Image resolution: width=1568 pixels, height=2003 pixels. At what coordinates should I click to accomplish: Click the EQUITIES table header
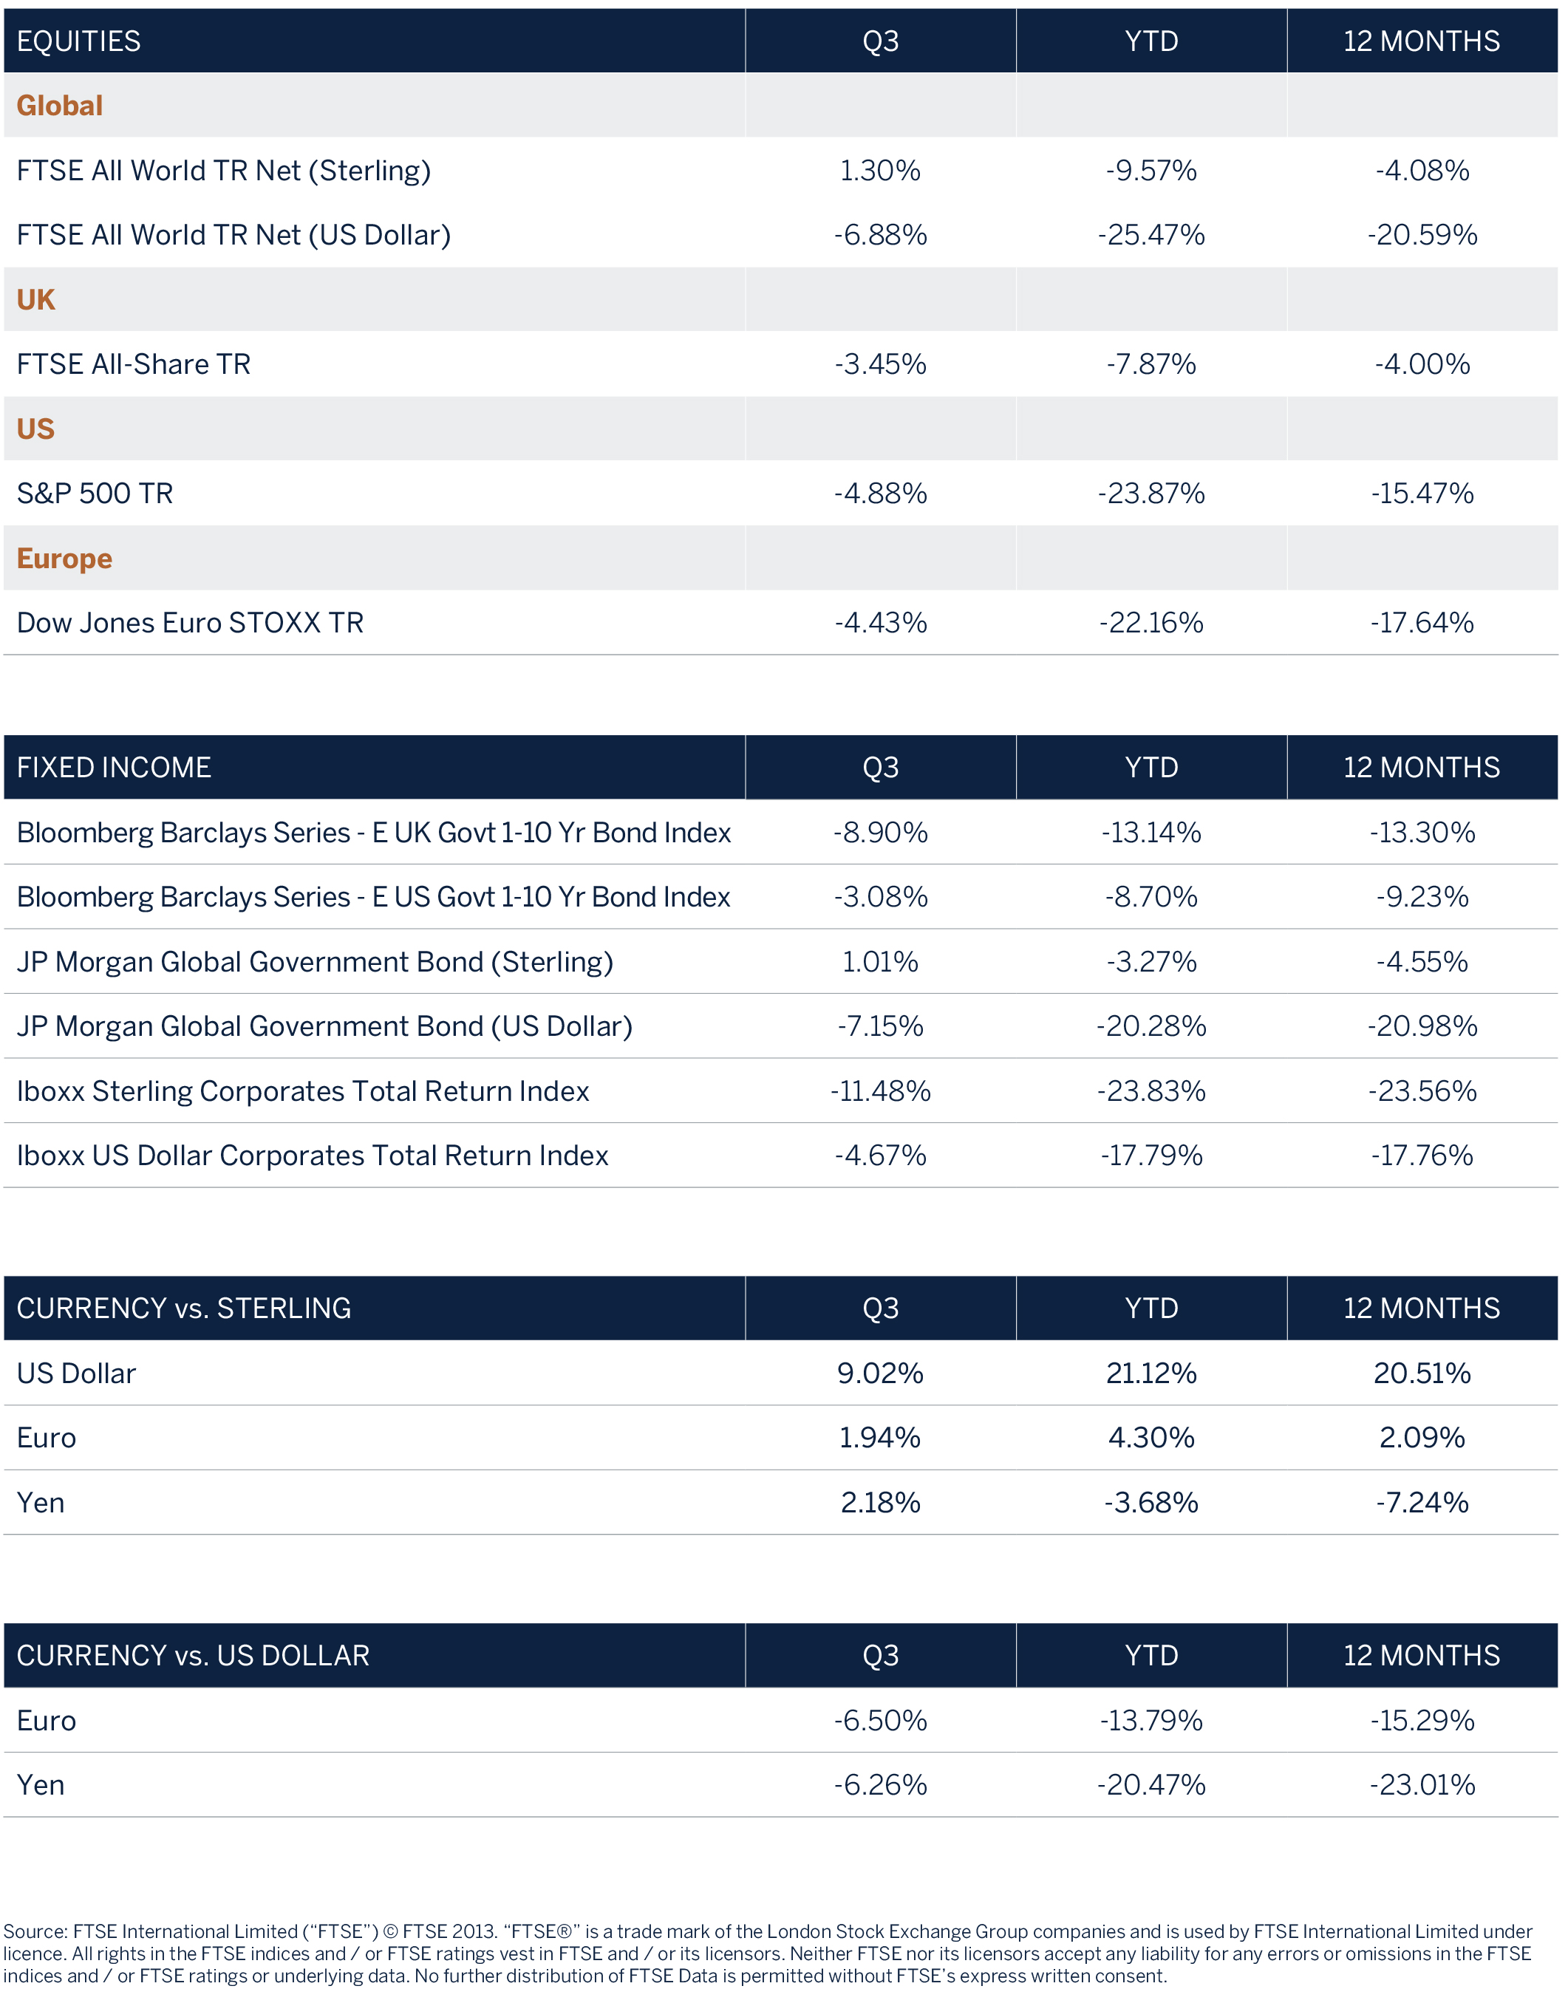pyautogui.click(x=79, y=41)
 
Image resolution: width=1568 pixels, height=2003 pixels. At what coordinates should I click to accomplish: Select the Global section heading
pyautogui.click(x=60, y=106)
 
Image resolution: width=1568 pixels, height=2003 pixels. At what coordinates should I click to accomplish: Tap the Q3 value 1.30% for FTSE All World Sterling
pyautogui.click(x=879, y=171)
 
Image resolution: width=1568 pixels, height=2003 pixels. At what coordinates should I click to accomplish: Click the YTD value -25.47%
pyautogui.click(x=1151, y=235)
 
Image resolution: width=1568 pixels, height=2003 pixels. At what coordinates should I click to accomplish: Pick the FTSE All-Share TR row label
pyautogui.click(x=133, y=364)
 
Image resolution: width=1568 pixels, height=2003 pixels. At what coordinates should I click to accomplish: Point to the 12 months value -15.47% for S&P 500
pyautogui.click(x=1421, y=494)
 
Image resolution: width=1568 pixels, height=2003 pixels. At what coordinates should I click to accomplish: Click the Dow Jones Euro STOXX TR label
pyautogui.click(x=190, y=624)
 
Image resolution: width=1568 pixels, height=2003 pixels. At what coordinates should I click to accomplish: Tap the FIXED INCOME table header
pyautogui.click(x=114, y=768)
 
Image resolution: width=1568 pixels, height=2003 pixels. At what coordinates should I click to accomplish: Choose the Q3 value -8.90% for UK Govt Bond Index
pyautogui.click(x=879, y=833)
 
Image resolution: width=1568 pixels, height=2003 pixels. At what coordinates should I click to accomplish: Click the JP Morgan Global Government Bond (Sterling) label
pyautogui.click(x=315, y=962)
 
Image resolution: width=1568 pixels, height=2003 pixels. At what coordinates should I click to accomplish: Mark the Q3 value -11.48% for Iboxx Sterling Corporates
pyautogui.click(x=879, y=1091)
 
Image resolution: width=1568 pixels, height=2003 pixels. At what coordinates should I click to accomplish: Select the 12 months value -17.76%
pyautogui.click(x=1421, y=1156)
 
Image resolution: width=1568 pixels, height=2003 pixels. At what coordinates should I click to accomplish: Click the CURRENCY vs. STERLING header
pyautogui.click(x=183, y=1308)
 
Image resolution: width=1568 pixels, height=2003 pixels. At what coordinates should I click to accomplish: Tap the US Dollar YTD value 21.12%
pyautogui.click(x=1151, y=1374)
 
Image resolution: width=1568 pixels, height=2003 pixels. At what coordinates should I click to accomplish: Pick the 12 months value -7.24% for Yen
pyautogui.click(x=1421, y=1503)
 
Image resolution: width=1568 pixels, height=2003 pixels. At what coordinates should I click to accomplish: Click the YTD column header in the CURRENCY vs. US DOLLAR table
pyautogui.click(x=1151, y=1655)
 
